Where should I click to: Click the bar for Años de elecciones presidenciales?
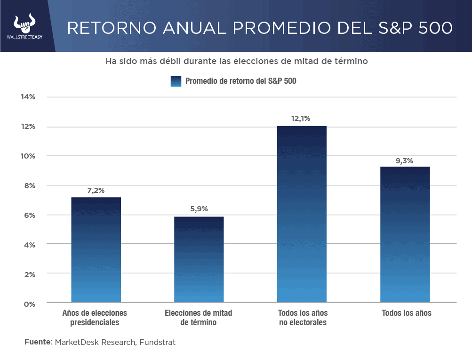96,249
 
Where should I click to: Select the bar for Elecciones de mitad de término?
199,259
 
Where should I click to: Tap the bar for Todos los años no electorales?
302,214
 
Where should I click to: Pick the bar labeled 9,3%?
405,234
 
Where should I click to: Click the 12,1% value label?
301,119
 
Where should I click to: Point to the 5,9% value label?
198,209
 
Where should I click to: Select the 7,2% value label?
96,190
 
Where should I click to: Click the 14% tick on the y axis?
28,97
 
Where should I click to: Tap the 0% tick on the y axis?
29,304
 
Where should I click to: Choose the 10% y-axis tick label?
28,156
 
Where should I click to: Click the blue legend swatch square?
176,81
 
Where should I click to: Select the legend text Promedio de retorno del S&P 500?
240,81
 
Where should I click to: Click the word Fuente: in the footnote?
38,342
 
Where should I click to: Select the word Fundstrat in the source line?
157,342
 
